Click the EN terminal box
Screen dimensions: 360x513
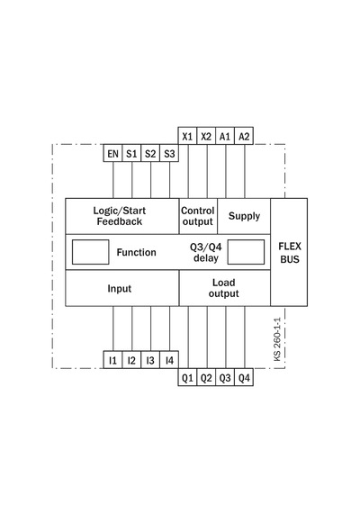tap(112, 153)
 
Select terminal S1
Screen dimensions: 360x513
tap(131, 153)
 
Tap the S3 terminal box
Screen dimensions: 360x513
tap(169, 153)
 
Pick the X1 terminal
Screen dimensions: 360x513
tap(187, 136)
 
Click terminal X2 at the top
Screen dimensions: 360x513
tap(206, 136)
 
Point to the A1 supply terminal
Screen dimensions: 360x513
tap(225, 136)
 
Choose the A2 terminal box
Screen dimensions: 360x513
tap(244, 136)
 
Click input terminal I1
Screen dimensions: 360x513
tap(112, 360)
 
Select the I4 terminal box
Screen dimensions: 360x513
tap(169, 360)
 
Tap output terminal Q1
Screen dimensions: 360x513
tap(187, 378)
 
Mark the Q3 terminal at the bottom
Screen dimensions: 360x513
tap(225, 378)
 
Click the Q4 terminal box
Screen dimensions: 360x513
tap(244, 378)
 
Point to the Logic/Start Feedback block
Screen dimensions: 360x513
tap(122, 216)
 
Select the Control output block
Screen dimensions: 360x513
tap(198, 216)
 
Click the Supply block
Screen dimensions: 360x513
tap(244, 216)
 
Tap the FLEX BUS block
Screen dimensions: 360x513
tap(289, 252)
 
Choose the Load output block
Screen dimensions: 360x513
tap(225, 288)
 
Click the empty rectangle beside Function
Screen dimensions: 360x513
tap(90, 252)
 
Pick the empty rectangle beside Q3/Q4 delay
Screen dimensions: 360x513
tap(246, 252)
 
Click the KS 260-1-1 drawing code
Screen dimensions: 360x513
tap(277, 339)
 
